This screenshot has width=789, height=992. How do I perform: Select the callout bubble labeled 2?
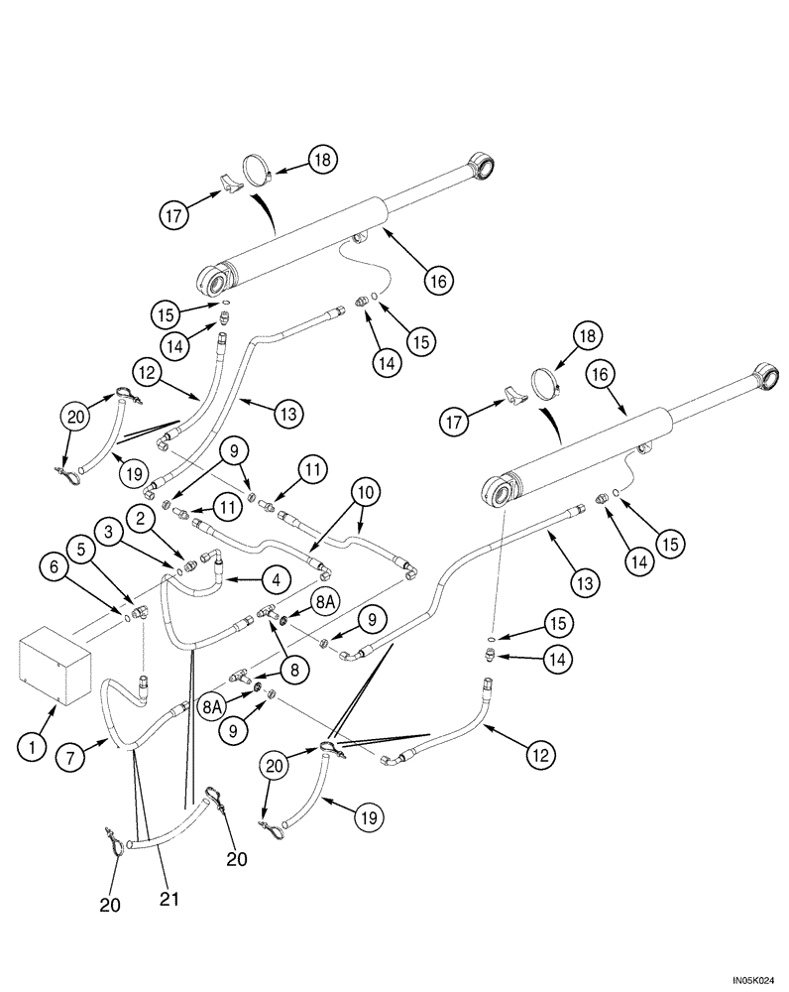[x=142, y=518]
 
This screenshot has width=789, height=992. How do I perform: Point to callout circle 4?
[x=275, y=578]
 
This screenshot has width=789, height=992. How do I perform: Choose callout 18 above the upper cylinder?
[x=322, y=159]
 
